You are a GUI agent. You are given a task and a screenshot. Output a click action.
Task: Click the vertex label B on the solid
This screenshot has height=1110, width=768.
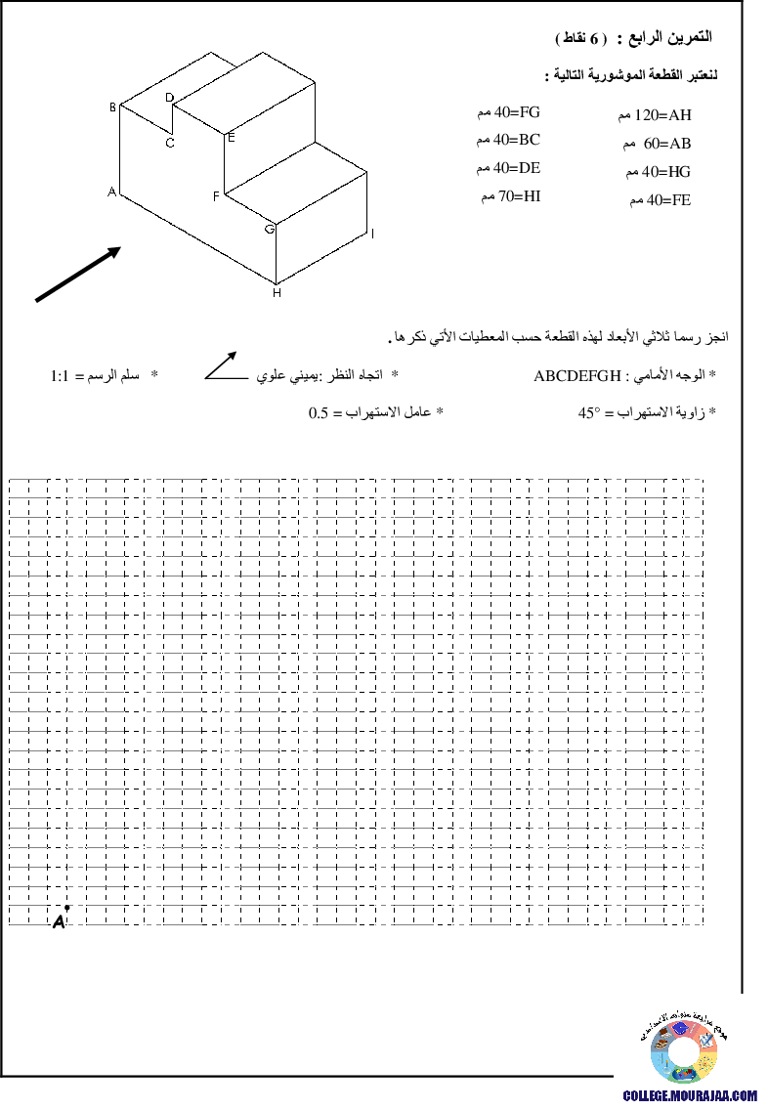click(112, 107)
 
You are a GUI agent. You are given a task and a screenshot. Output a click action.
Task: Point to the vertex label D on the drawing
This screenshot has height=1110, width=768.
click(169, 98)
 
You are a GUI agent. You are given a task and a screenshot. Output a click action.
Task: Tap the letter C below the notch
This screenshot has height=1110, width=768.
click(170, 143)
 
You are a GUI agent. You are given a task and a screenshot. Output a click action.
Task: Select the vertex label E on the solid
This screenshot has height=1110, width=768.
click(231, 138)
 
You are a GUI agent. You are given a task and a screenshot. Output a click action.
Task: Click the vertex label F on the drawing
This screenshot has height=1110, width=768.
click(217, 196)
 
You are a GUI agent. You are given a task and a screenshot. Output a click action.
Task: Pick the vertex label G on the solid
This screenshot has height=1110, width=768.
click(270, 230)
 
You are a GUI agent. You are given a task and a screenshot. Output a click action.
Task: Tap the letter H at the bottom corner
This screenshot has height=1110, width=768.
click(277, 292)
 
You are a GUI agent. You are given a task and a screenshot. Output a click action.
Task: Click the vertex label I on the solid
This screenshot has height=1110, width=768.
click(372, 234)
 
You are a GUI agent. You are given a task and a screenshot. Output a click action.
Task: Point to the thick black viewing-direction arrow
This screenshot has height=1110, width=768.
click(78, 274)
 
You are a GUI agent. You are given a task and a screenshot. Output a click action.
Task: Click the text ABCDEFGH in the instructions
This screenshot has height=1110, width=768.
click(577, 376)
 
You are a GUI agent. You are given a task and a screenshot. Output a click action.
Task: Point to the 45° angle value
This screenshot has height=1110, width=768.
click(589, 412)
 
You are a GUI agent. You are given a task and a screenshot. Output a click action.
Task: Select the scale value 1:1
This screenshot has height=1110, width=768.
click(60, 376)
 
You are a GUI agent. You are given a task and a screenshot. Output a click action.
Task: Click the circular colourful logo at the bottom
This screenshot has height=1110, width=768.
click(684, 1052)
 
